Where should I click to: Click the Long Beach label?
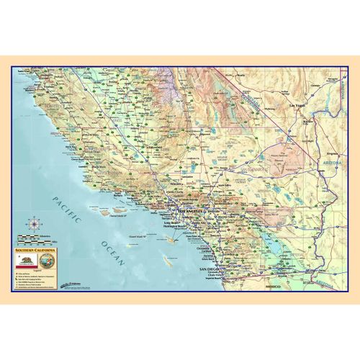click(174, 223)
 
